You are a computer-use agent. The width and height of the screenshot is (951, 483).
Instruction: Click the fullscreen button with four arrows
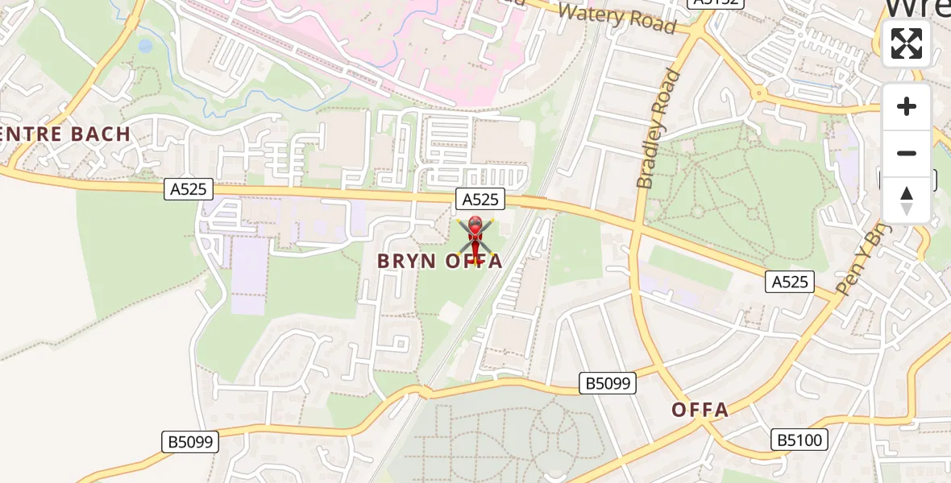907,43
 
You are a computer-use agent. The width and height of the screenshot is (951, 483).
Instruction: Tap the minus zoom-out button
907,153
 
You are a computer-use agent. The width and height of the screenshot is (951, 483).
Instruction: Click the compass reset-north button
907,200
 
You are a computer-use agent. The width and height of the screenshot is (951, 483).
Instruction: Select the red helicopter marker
475,238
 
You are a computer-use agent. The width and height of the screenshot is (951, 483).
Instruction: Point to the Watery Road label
617,18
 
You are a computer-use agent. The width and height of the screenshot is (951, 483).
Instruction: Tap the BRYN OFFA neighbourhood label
441,261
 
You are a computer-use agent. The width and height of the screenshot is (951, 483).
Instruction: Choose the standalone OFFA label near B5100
700,410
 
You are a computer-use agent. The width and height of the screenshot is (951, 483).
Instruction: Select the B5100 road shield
798,440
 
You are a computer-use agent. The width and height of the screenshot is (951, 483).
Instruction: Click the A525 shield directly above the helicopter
480,199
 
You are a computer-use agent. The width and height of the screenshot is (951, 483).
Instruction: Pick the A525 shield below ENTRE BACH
189,189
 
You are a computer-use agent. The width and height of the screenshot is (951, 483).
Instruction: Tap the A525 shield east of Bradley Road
789,281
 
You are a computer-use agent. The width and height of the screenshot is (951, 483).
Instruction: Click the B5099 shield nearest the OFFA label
608,383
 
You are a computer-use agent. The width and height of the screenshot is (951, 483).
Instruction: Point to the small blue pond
145,46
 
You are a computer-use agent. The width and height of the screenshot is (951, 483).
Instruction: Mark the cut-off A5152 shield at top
704,3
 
